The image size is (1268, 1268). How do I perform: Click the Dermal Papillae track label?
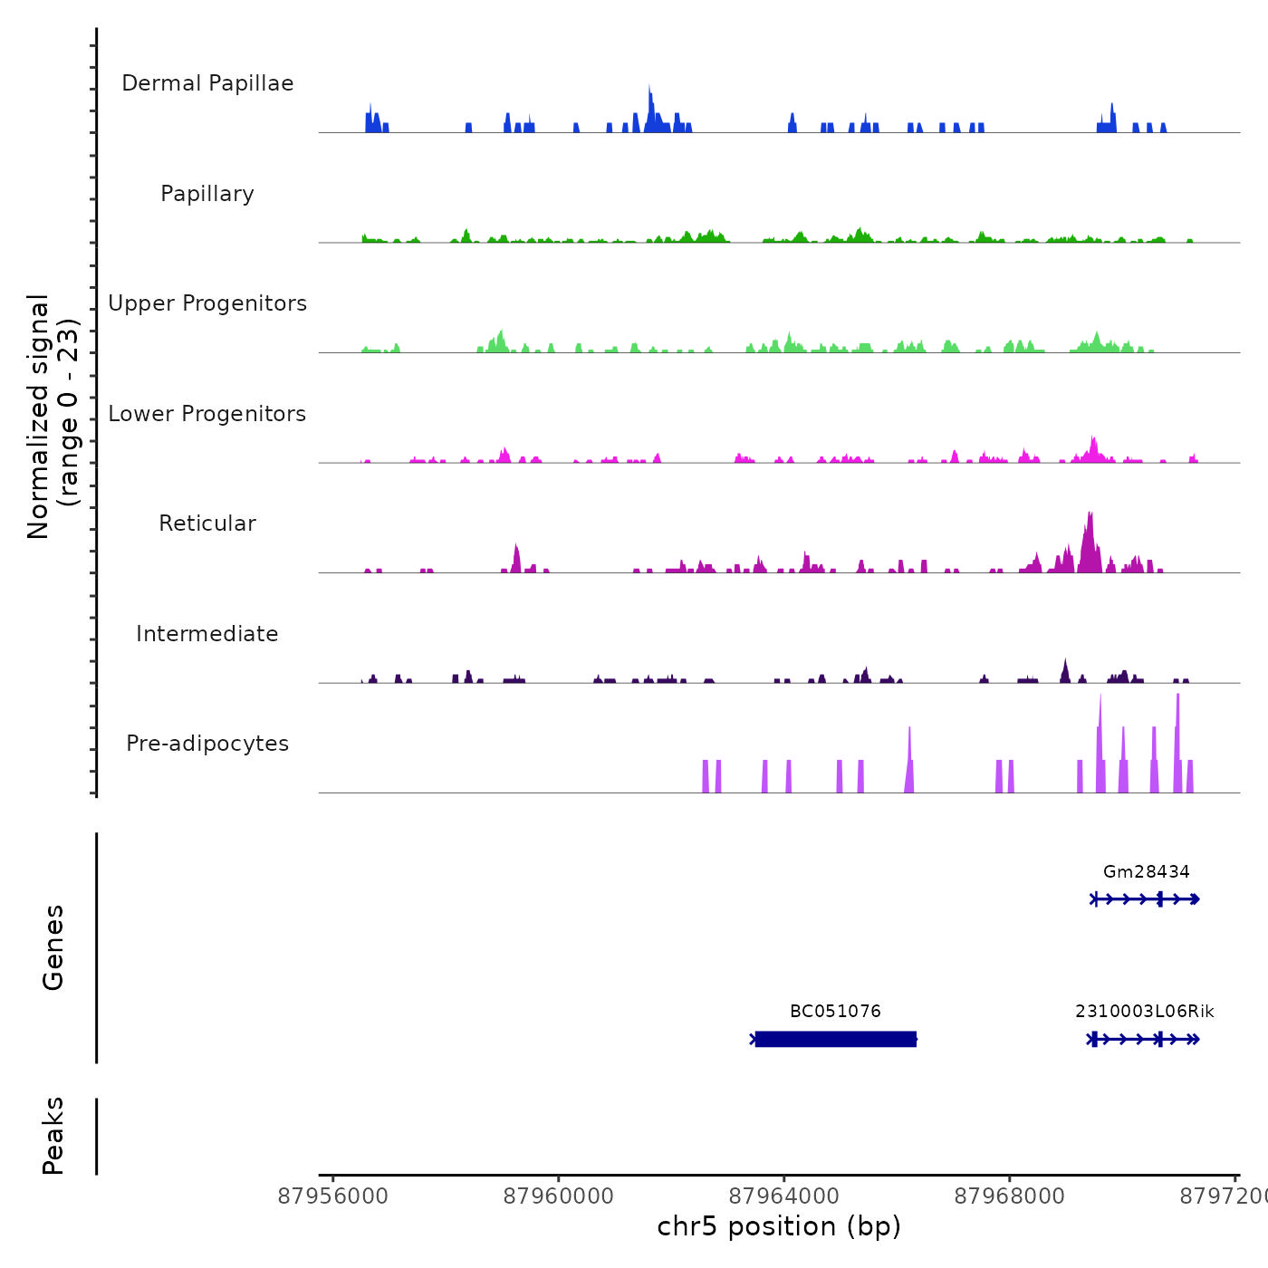pos(207,83)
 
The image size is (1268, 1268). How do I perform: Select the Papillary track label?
pos(207,194)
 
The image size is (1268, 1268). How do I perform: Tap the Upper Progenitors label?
pos(207,303)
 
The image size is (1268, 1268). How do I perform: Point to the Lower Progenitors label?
pos(207,414)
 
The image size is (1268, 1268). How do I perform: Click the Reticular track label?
pos(207,524)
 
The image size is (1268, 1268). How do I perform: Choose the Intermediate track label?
pos(207,634)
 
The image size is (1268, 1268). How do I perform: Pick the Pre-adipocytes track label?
pos(207,744)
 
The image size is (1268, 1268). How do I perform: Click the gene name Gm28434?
pos(1146,872)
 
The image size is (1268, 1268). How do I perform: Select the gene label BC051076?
pos(835,1012)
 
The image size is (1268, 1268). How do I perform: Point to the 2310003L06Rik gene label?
pos(1145,1012)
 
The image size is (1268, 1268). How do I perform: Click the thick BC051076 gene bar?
pos(835,1039)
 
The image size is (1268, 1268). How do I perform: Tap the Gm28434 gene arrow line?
pos(1146,899)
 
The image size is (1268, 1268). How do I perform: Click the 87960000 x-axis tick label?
pos(559,1196)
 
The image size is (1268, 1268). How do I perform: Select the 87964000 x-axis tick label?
pos(784,1196)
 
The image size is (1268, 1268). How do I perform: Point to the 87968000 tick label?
pos(1010,1196)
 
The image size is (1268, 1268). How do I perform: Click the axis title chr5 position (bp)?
pos(779,1227)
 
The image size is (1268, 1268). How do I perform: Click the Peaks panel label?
pos(53,1136)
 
